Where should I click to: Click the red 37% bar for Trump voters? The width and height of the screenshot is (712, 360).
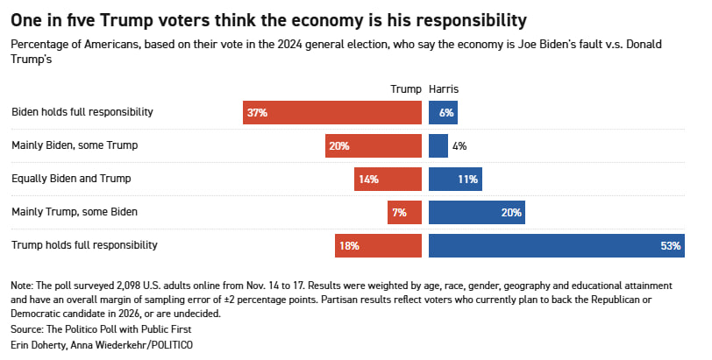pos(332,112)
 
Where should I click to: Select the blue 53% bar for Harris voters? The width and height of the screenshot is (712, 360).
pos(556,245)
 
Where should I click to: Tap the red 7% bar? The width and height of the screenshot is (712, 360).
pos(404,212)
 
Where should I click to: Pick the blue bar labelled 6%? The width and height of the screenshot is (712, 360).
pos(443,112)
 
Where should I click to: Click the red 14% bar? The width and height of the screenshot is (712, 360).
pos(388,179)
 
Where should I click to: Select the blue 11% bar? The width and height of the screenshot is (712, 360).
pos(455,179)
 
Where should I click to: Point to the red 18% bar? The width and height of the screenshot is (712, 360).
pos(378,245)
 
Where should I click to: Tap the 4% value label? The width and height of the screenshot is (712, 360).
pos(459,145)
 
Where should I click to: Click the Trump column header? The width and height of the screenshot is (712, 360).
pos(404,89)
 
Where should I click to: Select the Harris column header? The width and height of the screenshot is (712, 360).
pos(444,89)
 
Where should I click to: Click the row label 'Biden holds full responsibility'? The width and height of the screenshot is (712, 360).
pos(82,112)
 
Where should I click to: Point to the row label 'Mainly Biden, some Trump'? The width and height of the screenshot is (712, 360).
pos(75,145)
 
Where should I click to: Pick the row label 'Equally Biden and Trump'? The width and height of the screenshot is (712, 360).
pos(71,179)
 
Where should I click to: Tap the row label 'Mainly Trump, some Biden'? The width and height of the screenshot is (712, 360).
pos(75,212)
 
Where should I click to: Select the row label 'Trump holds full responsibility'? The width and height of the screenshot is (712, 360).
pos(84,245)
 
